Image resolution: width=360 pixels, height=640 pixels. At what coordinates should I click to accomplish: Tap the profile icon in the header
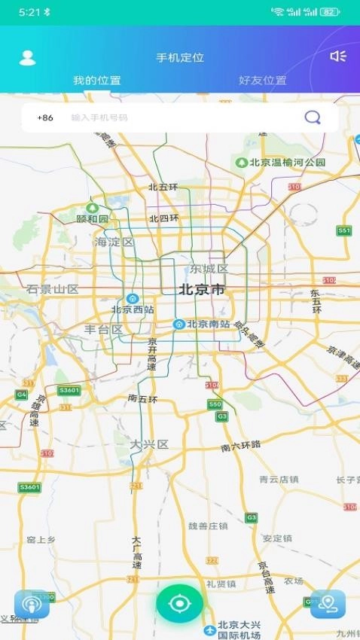(27, 58)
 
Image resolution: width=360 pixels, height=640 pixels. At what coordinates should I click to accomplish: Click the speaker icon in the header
(337, 56)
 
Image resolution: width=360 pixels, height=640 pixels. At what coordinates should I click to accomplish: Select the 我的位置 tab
(96, 81)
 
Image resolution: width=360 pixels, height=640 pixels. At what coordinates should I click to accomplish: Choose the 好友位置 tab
(262, 81)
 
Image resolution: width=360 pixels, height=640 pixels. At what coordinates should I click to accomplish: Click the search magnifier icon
(312, 117)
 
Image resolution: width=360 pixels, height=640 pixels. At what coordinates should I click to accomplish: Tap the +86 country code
(45, 117)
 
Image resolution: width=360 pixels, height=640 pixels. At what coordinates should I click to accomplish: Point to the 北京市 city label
(202, 289)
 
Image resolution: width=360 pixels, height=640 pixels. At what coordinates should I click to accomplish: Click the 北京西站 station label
(133, 309)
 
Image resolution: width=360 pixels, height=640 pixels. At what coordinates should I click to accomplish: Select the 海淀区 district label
(114, 242)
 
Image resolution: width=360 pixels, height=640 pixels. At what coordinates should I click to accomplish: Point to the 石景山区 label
(53, 289)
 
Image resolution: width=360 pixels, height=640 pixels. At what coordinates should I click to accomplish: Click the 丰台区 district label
(103, 329)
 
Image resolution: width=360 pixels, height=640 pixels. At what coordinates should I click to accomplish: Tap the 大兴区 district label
(148, 444)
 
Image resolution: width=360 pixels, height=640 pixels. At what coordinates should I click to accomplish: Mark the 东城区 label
(209, 269)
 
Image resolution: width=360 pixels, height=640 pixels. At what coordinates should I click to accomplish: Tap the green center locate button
(180, 603)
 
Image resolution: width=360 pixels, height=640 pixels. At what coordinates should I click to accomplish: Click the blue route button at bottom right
(328, 603)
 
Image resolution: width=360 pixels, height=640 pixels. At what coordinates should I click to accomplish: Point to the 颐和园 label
(93, 218)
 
